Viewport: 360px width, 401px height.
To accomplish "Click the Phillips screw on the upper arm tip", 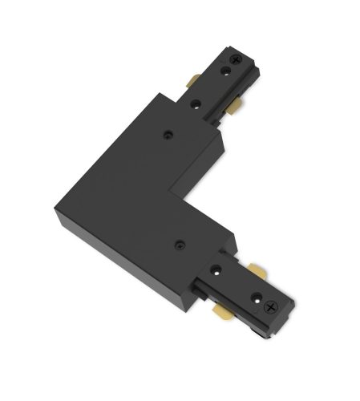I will point(238,60).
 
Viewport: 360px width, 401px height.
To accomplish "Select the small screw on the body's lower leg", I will point(180,239).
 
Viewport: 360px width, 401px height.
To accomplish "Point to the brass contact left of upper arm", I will point(194,81).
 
